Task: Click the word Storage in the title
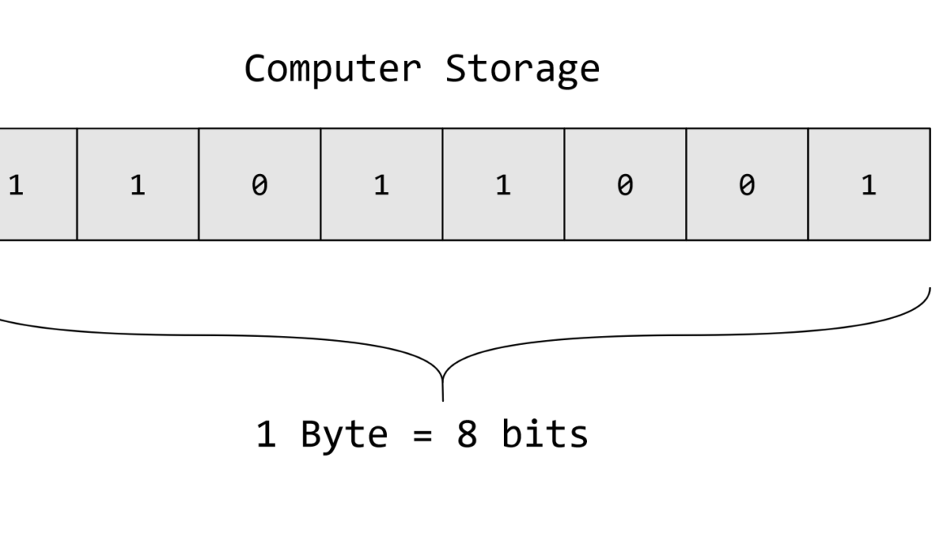pos(522,70)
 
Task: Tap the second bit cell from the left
pos(137,185)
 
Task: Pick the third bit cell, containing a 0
pos(259,185)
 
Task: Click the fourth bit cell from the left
pos(381,185)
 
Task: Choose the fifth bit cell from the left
pos(503,185)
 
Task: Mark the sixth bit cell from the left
pos(625,185)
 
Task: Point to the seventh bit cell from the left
pos(747,185)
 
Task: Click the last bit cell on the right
pos(869,185)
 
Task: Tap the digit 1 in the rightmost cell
pos(869,185)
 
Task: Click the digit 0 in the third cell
pos(259,185)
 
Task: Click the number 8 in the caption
pos(467,434)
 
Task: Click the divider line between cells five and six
pos(564,185)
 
